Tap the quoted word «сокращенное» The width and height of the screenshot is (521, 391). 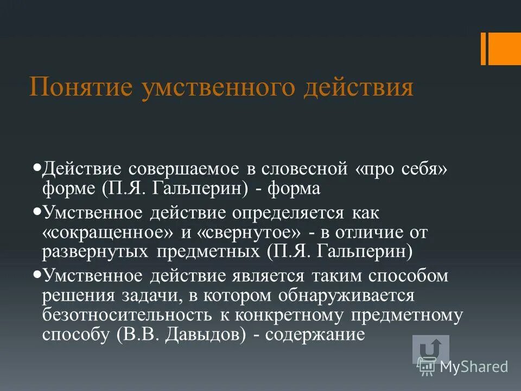107,232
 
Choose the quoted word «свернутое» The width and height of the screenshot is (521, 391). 250,232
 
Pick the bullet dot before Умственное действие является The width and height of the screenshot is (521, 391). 37,274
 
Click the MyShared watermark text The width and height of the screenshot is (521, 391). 473,367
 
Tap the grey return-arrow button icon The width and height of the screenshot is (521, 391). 430,349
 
